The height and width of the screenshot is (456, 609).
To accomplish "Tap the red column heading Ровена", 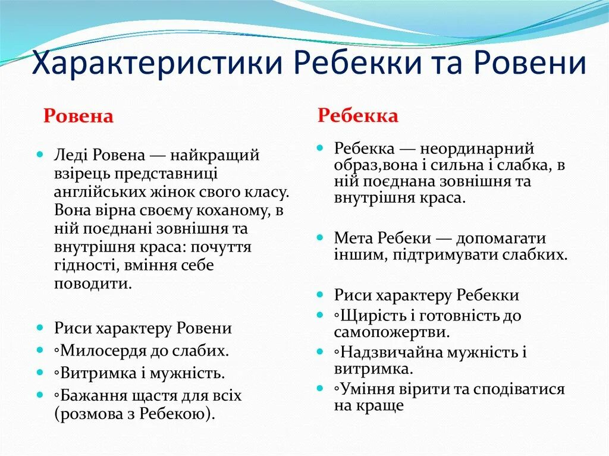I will pyautogui.click(x=78, y=116).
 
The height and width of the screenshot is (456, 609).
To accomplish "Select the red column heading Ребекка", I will pyautogui.click(x=358, y=115).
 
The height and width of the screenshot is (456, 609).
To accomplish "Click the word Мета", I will pyautogui.click(x=353, y=238).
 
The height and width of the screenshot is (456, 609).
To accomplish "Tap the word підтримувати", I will pyautogui.click(x=428, y=256).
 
